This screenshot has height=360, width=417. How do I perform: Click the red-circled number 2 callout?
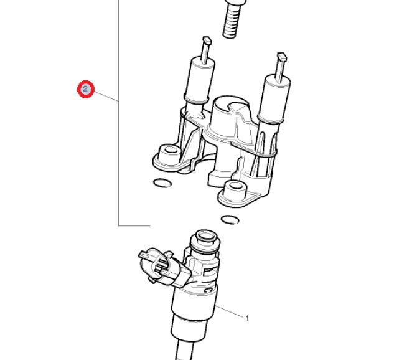(86, 89)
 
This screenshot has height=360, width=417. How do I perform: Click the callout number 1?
(247, 318)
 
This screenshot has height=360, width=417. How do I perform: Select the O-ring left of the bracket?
(162, 183)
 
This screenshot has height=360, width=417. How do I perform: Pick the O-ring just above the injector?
(230, 219)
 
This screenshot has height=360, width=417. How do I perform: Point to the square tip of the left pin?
(207, 40)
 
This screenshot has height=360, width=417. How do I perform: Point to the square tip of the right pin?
(282, 57)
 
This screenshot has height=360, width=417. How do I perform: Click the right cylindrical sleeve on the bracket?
(274, 98)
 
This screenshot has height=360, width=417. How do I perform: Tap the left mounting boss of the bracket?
(169, 154)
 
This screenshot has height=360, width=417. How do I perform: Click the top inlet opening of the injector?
(207, 236)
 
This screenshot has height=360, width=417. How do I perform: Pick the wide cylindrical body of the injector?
(194, 301)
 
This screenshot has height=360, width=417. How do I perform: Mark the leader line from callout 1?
(229, 311)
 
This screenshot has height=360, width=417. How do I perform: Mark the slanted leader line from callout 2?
(106, 97)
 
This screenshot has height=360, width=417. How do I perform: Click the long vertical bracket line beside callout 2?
(118, 113)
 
